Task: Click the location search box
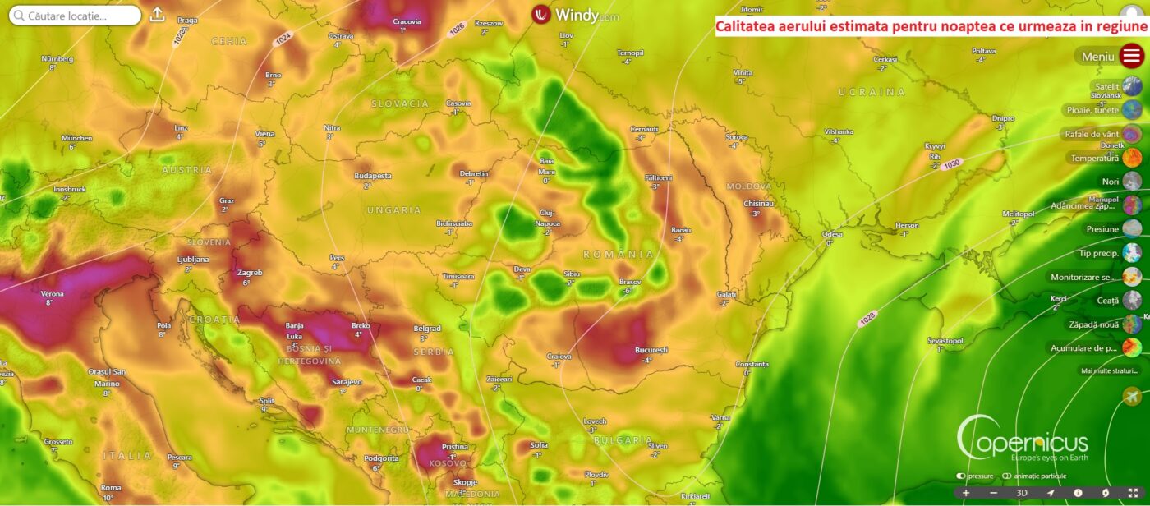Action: point(76,16)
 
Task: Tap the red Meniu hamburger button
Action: point(1132,56)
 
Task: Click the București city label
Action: point(651,350)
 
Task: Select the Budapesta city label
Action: point(372,176)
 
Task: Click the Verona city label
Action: point(52,293)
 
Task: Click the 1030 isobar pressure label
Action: point(951,164)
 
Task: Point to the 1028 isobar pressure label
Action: point(867,318)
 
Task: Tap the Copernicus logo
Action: point(1023,439)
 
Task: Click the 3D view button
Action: point(1022,493)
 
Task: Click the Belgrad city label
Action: point(427,329)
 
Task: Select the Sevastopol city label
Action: point(945,340)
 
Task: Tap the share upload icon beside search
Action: point(157,15)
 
